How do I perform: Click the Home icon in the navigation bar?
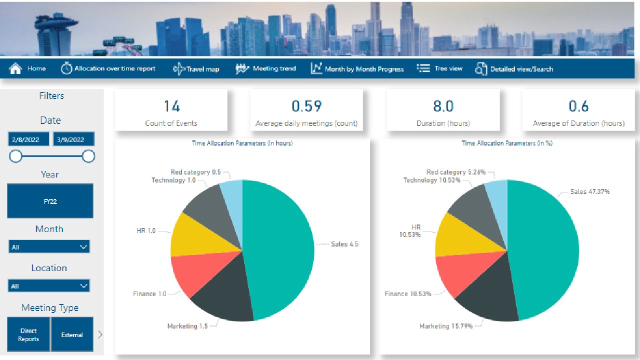coord(16,68)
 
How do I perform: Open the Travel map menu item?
coord(196,69)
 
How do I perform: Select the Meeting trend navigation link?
coord(266,68)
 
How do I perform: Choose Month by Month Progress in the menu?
coord(357,69)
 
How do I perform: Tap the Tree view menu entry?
coord(440,68)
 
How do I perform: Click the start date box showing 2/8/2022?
coord(29,139)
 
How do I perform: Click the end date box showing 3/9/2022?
coord(73,139)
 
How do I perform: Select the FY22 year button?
coord(50,201)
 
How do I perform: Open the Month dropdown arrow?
coord(83,247)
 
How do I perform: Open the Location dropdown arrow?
coord(83,286)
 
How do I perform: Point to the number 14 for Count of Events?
coord(171,106)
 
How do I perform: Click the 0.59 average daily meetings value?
coord(306,106)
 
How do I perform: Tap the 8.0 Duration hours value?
coord(443,106)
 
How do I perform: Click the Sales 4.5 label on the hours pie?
coord(344,244)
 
